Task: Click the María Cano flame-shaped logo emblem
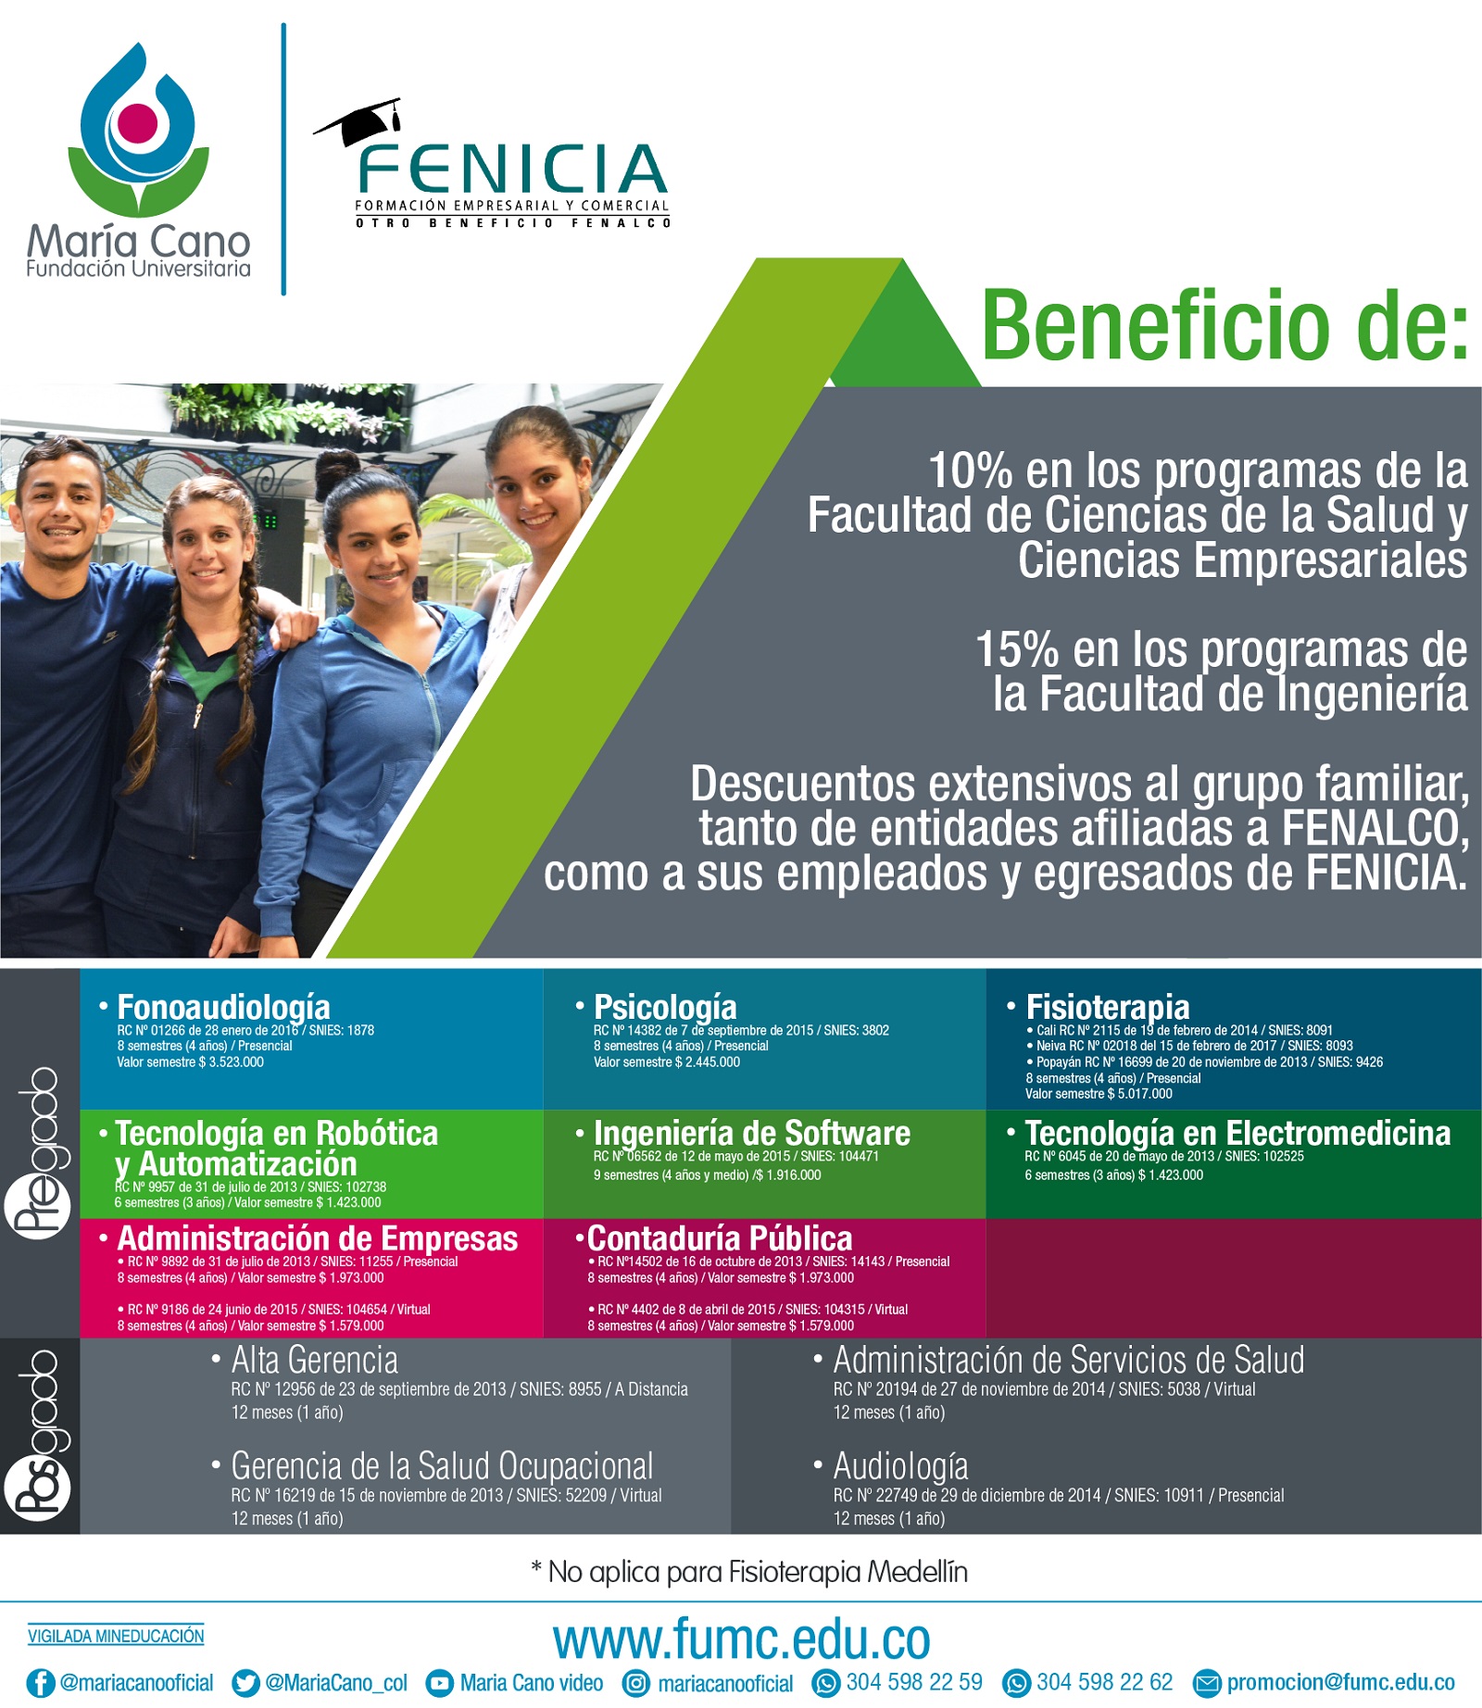[138, 130]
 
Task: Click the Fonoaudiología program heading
[223, 1007]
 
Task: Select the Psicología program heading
[665, 1007]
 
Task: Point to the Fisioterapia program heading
[1107, 1006]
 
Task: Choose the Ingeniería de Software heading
[751, 1133]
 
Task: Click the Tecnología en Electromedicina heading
[1237, 1133]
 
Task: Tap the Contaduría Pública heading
[720, 1238]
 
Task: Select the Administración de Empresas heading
[318, 1238]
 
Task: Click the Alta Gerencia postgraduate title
[315, 1360]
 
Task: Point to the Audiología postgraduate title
[900, 1466]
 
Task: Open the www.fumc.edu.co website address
[741, 1639]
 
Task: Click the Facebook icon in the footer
[41, 1683]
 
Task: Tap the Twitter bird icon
[245, 1683]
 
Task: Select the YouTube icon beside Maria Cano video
[439, 1683]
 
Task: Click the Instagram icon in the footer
[635, 1683]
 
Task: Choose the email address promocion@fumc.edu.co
[1340, 1683]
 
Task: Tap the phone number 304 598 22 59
[914, 1682]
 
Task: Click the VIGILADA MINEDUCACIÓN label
[116, 1636]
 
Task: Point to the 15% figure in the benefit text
[1017, 649]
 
